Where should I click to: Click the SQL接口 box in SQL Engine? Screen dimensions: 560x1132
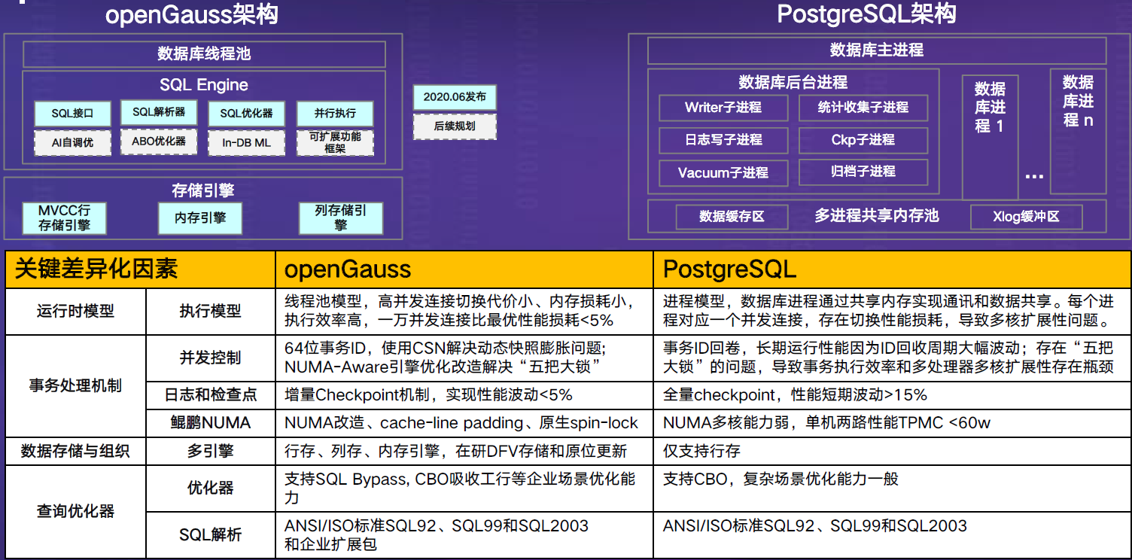(72, 114)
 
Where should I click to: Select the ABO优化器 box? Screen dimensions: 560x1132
(159, 141)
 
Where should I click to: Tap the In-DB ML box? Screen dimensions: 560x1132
(246, 142)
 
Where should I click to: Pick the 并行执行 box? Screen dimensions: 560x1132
(335, 114)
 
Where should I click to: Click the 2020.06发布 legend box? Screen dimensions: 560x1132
(455, 97)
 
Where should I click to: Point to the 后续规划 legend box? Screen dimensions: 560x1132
(455, 126)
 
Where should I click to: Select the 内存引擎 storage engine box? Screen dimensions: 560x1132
(199, 218)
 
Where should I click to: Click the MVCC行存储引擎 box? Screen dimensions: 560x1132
(64, 218)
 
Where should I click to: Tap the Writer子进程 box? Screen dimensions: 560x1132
(723, 108)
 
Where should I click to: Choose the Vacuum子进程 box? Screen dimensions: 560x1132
(723, 172)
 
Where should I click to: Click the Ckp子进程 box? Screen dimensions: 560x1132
(863, 140)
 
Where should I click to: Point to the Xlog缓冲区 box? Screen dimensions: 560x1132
(1026, 217)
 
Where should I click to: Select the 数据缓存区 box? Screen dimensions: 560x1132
(732, 217)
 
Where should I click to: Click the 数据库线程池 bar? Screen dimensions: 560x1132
(204, 54)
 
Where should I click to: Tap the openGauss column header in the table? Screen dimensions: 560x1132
(348, 269)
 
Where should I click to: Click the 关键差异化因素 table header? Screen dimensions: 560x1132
(96, 269)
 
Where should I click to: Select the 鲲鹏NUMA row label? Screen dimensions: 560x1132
(211, 423)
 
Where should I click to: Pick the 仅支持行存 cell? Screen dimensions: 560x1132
(701, 451)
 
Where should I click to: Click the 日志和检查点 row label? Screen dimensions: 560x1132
(211, 395)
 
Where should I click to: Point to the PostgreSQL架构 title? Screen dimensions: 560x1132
(866, 14)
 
